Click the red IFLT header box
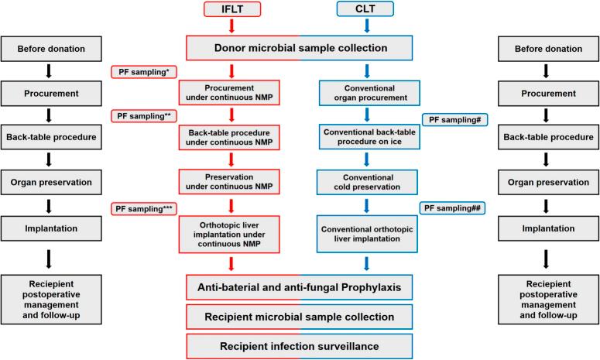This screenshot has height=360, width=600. pos(233,9)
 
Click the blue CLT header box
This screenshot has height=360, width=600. pos(365,9)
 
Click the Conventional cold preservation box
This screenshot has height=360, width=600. pos(365,182)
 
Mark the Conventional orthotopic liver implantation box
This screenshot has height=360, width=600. pos(365,231)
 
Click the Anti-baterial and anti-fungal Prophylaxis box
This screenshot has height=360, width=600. pos(300,287)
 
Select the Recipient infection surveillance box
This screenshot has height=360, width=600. pos(300,345)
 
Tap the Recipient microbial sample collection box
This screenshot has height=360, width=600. pos(300,317)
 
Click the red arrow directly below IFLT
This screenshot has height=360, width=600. pos(233,26)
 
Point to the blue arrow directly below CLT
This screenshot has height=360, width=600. pos(365,26)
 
